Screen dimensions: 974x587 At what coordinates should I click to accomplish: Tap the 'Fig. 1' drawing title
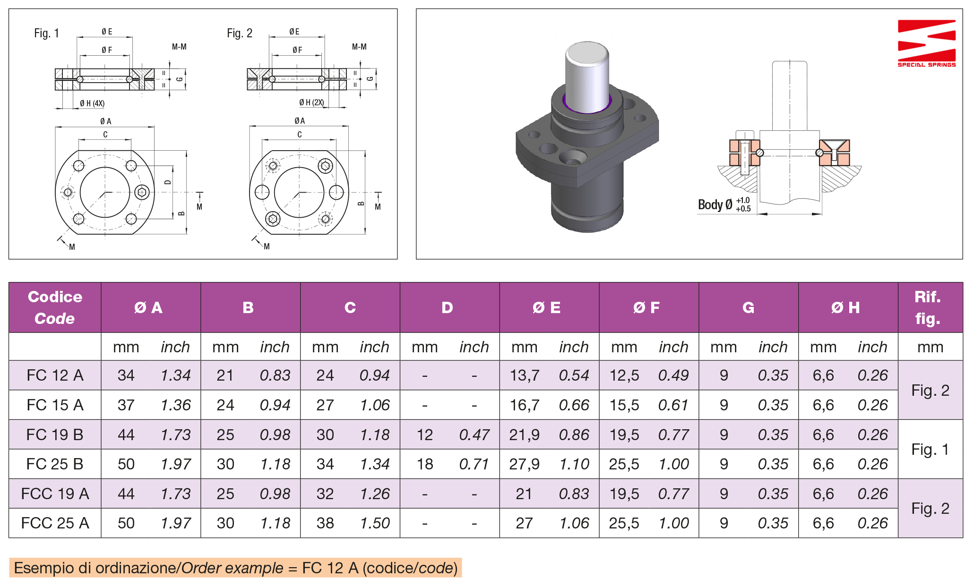coord(46,33)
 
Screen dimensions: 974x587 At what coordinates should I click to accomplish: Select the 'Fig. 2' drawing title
coord(240,33)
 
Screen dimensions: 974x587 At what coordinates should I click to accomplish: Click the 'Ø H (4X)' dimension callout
coord(92,103)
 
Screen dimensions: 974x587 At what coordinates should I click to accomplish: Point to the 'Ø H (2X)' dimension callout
coord(311,102)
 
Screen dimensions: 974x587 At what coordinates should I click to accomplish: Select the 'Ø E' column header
coord(546,307)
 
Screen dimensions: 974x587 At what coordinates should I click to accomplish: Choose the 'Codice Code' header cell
coord(55,307)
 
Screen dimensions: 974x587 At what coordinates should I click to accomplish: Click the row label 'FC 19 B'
coord(55,434)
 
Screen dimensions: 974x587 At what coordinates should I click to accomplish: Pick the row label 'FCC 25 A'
coord(55,523)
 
